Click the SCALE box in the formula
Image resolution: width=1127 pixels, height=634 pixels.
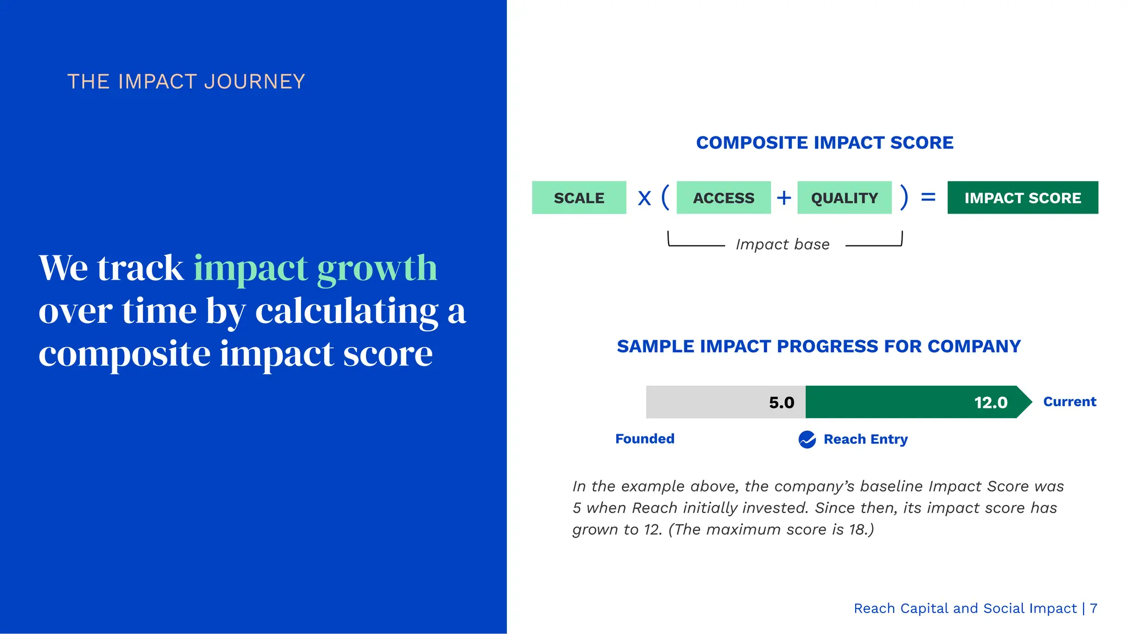click(x=579, y=198)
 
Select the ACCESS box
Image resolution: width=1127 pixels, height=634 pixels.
click(x=724, y=198)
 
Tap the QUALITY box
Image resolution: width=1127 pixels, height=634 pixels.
click(x=844, y=198)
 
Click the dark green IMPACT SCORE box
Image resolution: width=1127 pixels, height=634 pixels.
click(x=1022, y=198)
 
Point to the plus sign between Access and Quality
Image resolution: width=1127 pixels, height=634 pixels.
click(x=784, y=198)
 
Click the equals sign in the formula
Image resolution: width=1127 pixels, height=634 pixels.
click(x=928, y=196)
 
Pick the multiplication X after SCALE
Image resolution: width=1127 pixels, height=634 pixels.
click(x=644, y=198)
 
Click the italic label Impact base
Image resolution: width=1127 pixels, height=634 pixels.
click(x=783, y=244)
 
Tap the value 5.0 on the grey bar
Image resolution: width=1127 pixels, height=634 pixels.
click(x=781, y=402)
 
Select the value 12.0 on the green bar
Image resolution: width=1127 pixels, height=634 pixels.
click(x=991, y=402)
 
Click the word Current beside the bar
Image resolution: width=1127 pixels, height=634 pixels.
click(x=1069, y=402)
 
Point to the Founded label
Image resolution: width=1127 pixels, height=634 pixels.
click(x=644, y=439)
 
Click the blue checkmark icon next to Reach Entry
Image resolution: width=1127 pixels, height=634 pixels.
click(x=807, y=440)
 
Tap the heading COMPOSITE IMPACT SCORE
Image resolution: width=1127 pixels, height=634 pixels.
click(x=824, y=143)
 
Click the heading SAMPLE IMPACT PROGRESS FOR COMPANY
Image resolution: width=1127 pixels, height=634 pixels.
click(x=819, y=346)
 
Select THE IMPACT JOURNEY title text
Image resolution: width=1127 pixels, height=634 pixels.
click(x=186, y=81)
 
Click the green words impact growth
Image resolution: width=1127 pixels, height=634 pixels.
click(x=315, y=268)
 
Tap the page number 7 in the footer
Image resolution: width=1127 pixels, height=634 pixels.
click(x=1093, y=608)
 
